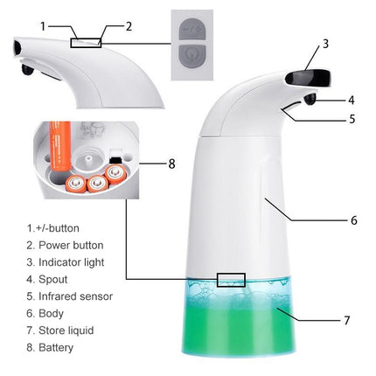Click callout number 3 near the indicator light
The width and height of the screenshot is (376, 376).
coord(325,43)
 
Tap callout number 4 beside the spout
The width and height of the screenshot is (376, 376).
coord(351,100)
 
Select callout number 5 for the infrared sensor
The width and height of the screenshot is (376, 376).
coord(351,118)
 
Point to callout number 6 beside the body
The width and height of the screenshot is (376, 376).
coord(353,220)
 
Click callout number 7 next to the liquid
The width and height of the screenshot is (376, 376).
coord(346,320)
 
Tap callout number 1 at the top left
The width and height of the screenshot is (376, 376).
coord(43,26)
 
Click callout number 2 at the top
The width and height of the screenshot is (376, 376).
coord(129,26)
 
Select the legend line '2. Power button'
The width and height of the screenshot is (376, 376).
coord(65,245)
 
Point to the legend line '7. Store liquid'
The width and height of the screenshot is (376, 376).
coord(61,330)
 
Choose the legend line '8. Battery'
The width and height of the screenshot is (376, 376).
coord(51,347)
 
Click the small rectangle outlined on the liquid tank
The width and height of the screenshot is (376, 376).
coord(231,280)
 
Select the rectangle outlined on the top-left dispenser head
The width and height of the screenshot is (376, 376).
coord(86,41)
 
